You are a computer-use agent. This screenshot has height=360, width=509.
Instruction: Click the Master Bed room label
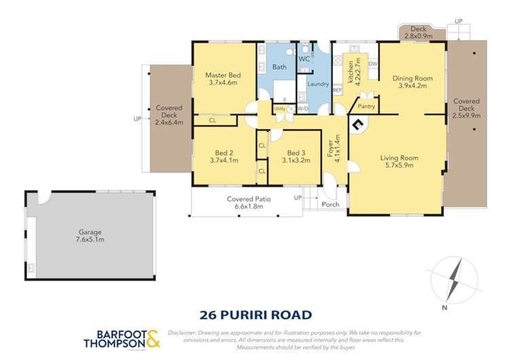click(224, 74)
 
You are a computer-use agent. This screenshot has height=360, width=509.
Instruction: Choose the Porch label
click(331, 204)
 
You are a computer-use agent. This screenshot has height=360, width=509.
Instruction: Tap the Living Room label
click(398, 158)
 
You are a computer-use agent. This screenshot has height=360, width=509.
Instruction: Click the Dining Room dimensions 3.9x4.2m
click(412, 86)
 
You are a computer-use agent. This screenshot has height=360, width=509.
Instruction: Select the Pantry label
click(366, 106)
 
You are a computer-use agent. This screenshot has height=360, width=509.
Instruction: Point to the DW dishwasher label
click(372, 65)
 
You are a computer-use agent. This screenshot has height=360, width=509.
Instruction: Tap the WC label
click(304, 59)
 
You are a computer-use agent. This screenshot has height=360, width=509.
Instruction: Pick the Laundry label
click(317, 84)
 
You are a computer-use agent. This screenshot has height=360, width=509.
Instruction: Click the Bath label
click(279, 67)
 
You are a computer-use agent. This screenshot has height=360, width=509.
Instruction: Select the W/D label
click(302, 108)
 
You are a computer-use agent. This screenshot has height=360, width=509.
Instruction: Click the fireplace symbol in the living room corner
click(357, 124)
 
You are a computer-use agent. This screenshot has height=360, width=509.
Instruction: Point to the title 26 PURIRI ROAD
click(255, 314)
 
